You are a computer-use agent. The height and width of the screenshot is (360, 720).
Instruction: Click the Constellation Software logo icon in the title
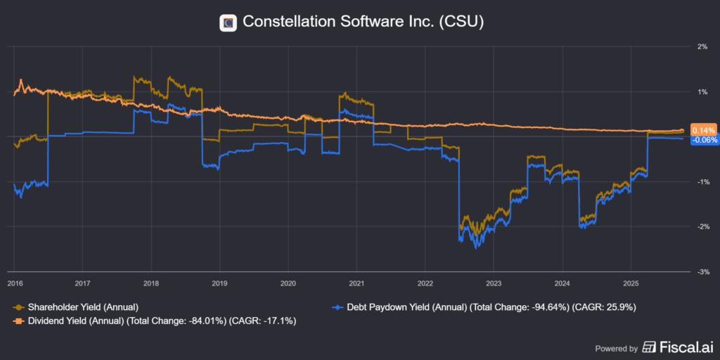click(x=228, y=22)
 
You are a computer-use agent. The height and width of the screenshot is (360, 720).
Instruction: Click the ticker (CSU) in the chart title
click(x=461, y=22)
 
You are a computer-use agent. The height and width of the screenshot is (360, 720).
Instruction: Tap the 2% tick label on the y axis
click(x=701, y=47)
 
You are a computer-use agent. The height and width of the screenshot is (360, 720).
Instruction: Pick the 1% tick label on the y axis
click(x=701, y=92)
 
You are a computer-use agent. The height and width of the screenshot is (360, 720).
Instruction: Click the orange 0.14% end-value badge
click(x=703, y=130)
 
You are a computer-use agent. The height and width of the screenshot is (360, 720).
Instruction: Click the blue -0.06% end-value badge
click(x=704, y=140)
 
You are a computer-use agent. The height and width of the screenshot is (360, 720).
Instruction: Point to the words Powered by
click(x=617, y=348)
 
